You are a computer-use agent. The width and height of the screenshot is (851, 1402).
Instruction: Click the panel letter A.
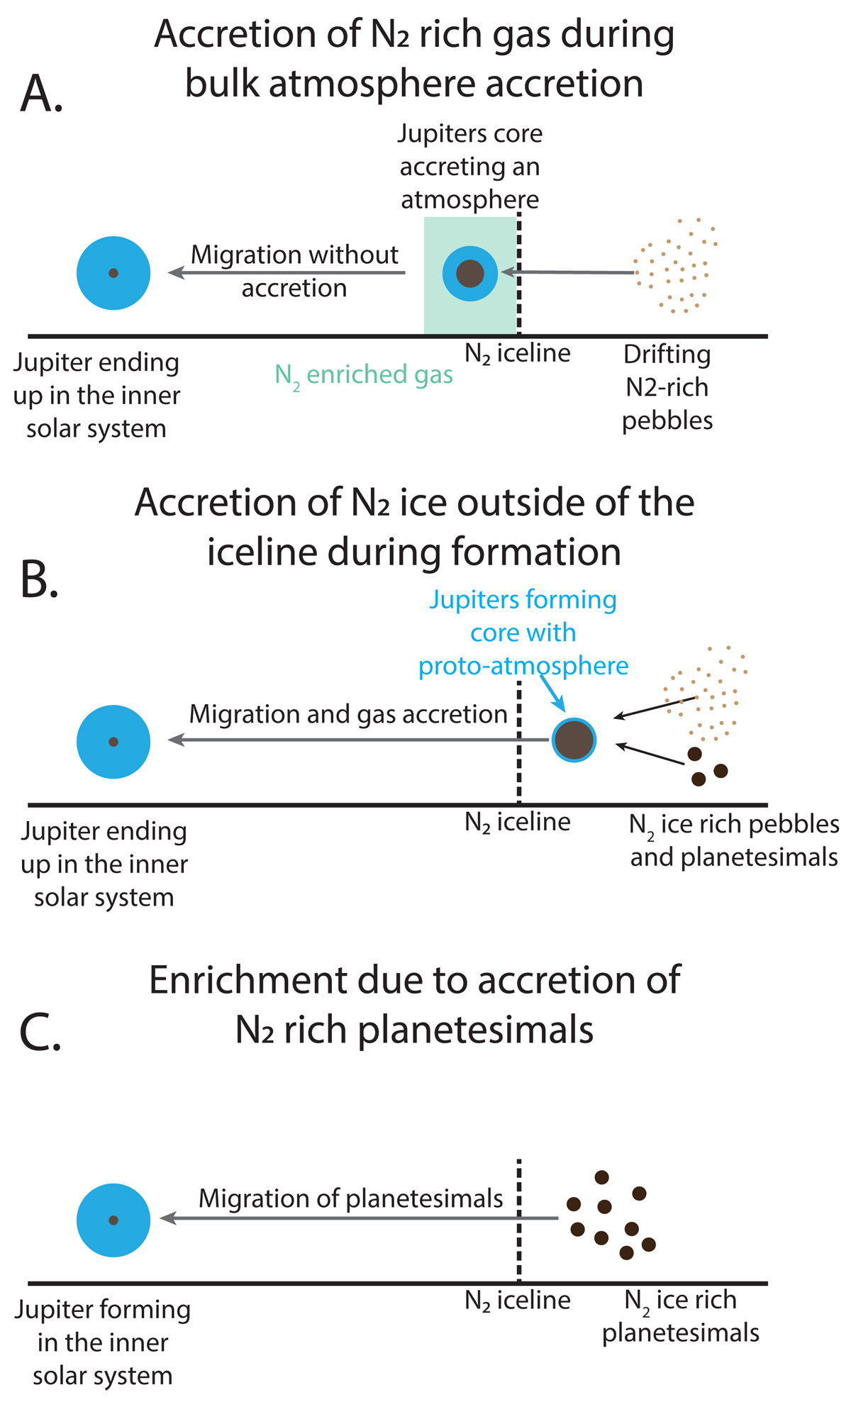coord(42,94)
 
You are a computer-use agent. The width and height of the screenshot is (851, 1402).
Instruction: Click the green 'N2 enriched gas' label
coord(364,376)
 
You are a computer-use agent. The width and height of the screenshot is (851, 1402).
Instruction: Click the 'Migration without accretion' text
coord(294,271)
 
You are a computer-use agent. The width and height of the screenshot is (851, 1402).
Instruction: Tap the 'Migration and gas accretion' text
coord(348,714)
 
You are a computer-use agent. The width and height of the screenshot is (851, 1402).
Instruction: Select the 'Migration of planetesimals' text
coord(350,1198)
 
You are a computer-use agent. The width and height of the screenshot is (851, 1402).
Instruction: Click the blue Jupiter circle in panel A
coord(113,273)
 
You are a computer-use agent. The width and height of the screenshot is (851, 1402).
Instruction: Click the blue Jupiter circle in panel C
coord(113,1220)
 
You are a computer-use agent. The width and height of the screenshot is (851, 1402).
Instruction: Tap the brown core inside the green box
coord(470,273)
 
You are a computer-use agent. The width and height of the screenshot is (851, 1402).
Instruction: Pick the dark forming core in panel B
coord(574,740)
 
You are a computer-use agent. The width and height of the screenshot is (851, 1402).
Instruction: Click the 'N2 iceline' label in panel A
coord(518,353)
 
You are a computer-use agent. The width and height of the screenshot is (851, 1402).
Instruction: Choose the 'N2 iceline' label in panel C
coord(518,1300)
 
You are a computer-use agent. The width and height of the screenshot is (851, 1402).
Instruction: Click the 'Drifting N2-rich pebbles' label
coord(667,387)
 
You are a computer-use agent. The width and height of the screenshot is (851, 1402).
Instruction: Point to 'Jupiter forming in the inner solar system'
coord(103,1342)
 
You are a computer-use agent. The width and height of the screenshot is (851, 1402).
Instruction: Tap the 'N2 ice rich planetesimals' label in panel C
coord(681,1316)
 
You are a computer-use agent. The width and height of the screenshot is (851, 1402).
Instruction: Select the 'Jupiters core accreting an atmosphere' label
coord(470,166)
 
